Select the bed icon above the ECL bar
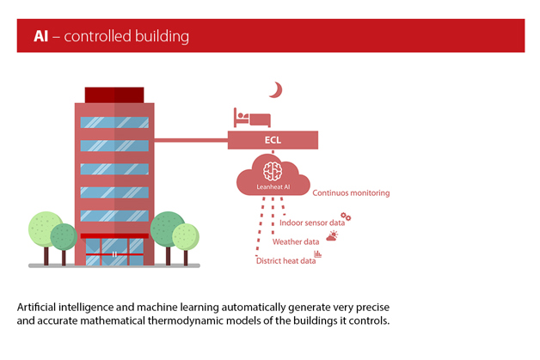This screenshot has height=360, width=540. [252, 118]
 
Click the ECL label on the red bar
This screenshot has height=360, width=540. [273, 139]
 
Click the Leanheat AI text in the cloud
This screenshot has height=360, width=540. [273, 185]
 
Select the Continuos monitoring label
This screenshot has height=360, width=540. [351, 193]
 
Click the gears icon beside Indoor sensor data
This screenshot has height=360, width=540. [346, 217]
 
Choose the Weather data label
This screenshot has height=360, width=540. [296, 242]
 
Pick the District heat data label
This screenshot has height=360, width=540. [285, 261]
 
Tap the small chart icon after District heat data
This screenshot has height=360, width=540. [318, 254]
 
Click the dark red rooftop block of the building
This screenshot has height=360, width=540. [114, 94]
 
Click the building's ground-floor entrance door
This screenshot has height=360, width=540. [114, 253]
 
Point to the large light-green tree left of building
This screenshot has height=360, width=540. [44, 228]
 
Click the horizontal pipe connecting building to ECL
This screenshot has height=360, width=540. [191, 138]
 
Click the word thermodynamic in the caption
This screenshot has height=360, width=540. [227, 321]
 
